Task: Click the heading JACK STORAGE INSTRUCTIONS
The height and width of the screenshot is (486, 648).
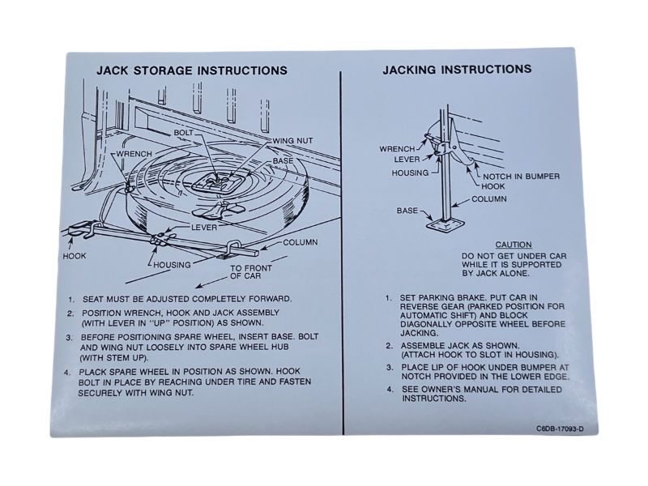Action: point(191,70)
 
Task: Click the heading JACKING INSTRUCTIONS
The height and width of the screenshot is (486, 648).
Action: point(457,70)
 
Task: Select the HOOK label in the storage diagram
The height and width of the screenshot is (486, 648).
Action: point(75,256)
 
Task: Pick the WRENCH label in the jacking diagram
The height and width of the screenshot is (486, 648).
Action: point(398,148)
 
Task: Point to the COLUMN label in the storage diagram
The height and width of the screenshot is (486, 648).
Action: point(300,242)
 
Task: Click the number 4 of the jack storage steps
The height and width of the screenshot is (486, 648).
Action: point(72,372)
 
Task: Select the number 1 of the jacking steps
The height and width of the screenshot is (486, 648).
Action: point(389,297)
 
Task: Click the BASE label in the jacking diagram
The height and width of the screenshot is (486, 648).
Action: point(407,211)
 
